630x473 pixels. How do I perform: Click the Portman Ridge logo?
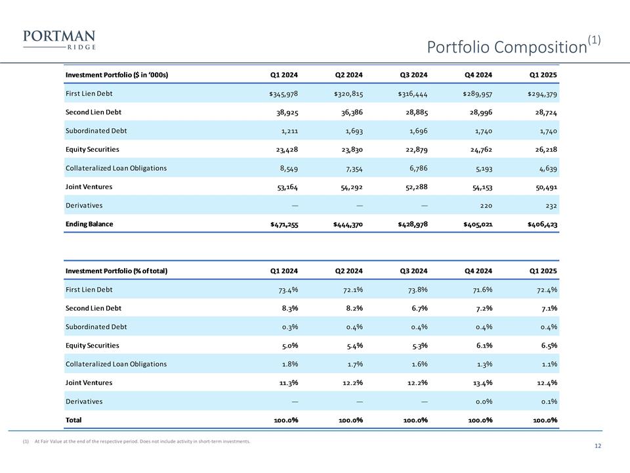(59, 39)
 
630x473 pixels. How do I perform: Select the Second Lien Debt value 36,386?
(348, 112)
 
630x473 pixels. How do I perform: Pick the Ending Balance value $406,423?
(542, 225)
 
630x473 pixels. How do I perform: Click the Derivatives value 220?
(485, 206)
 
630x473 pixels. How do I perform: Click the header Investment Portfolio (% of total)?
(114, 271)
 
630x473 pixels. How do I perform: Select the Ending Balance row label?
(89, 224)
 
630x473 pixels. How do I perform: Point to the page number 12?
(597, 447)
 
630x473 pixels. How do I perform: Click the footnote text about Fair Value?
(141, 441)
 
